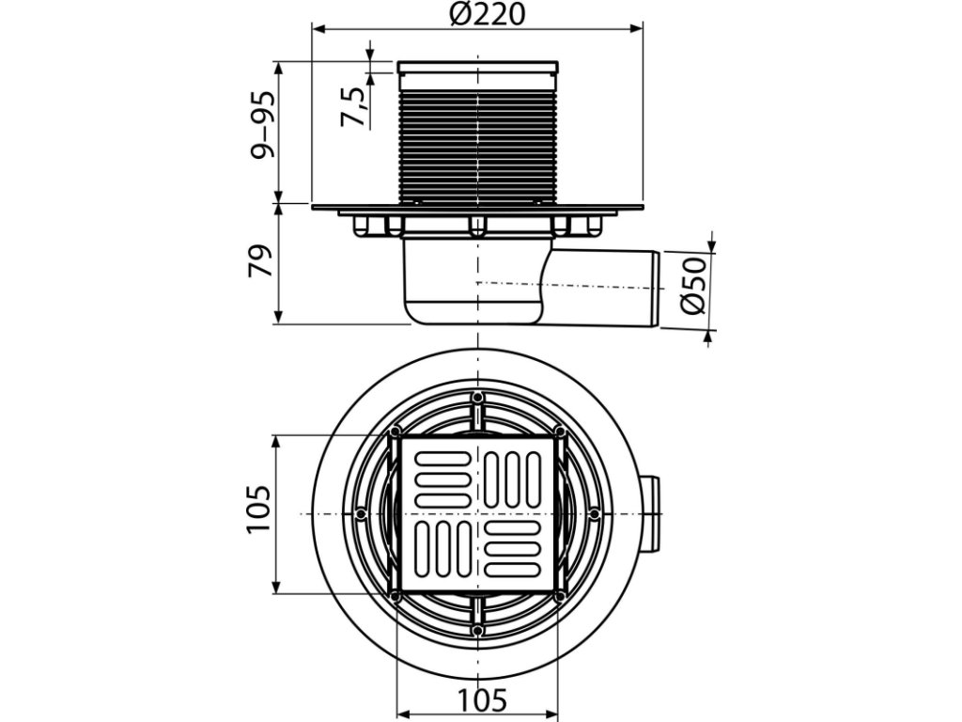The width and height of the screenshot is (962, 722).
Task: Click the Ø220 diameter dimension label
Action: click(488, 15)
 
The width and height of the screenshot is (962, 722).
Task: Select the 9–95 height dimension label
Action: click(263, 124)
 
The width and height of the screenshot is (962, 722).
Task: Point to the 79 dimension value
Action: click(262, 261)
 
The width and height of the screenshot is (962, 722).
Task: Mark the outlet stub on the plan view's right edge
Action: click(652, 514)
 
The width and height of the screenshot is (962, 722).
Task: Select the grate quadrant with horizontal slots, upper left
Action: click(441, 477)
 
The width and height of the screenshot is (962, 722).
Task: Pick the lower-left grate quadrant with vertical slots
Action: click(441, 552)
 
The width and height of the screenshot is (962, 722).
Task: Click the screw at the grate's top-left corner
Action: click(396, 432)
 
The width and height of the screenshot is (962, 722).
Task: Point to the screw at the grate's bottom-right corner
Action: click(561, 597)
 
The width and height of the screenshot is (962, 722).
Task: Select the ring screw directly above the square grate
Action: click(478, 400)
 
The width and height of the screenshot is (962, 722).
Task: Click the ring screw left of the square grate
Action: click(362, 513)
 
